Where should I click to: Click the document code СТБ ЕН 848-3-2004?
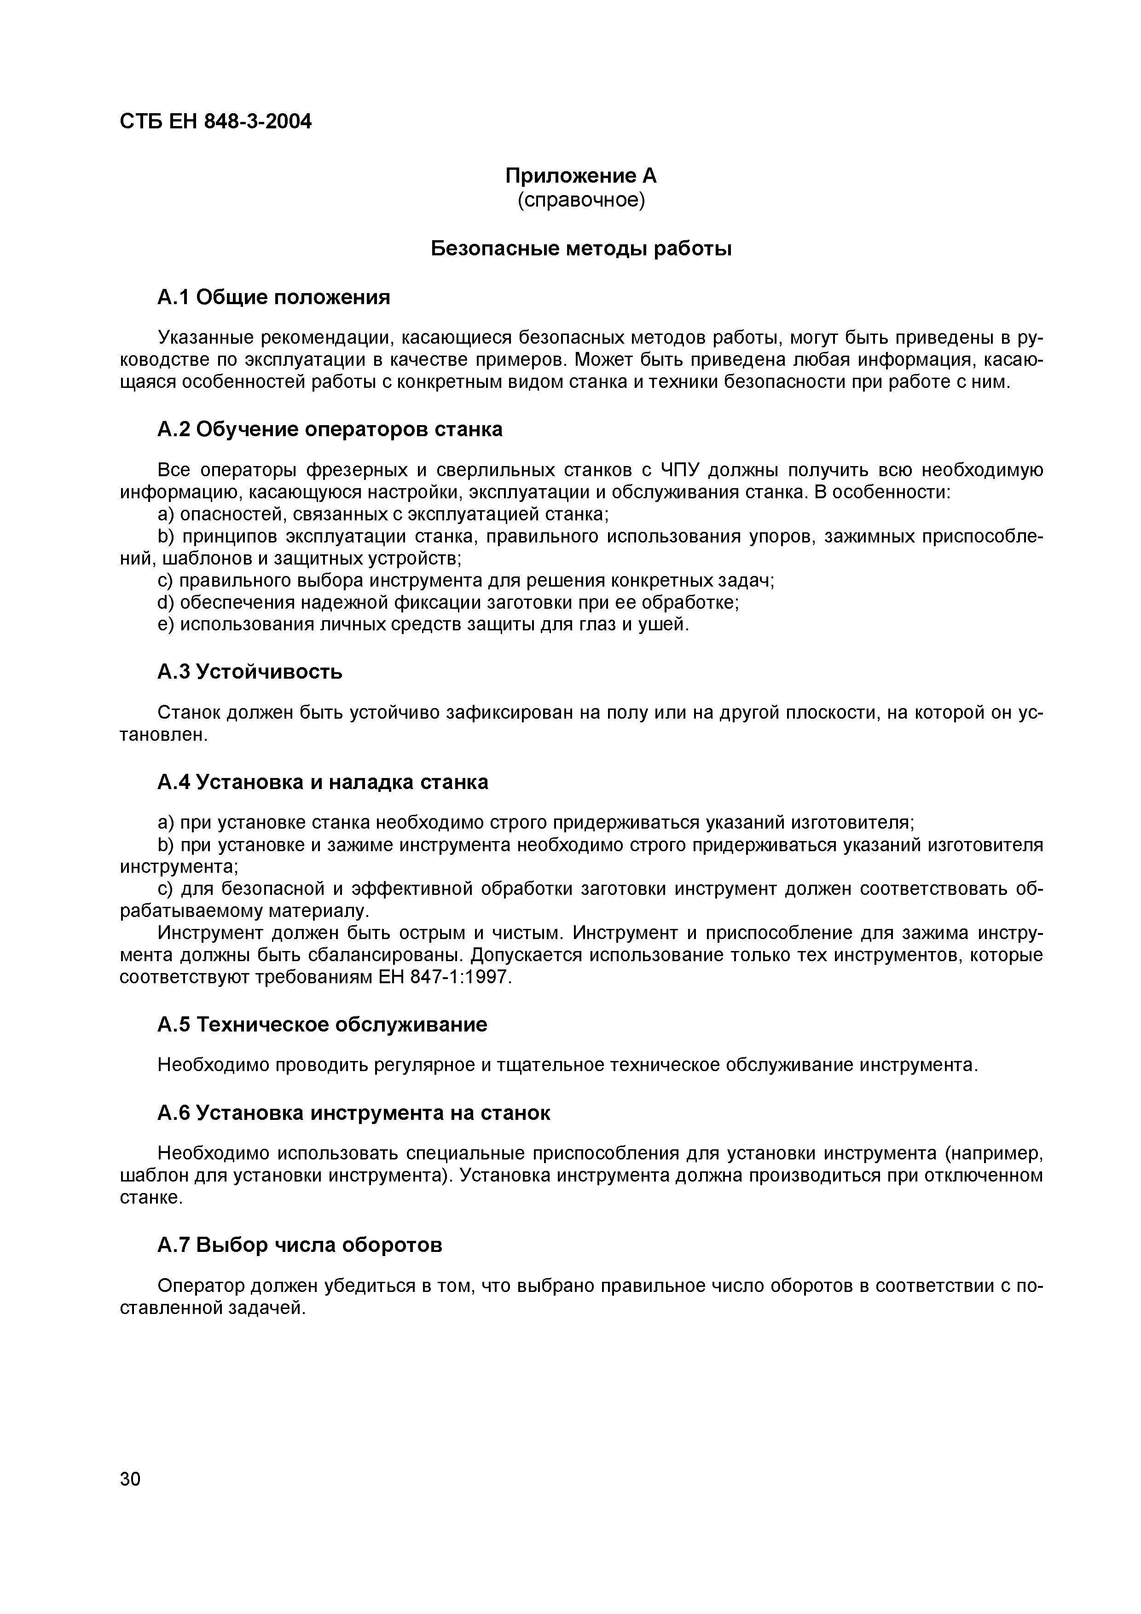click(x=215, y=121)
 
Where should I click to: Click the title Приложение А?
click(x=581, y=176)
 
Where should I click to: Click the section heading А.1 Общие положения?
click(x=273, y=297)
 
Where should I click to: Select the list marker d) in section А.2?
click(x=165, y=602)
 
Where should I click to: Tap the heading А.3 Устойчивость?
click(x=249, y=672)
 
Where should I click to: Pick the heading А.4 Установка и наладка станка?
click(x=323, y=782)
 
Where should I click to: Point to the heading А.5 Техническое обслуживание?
click(x=322, y=1025)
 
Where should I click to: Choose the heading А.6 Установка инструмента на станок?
click(x=353, y=1113)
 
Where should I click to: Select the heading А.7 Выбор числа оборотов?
click(x=300, y=1245)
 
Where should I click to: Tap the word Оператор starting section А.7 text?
click(x=202, y=1285)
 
